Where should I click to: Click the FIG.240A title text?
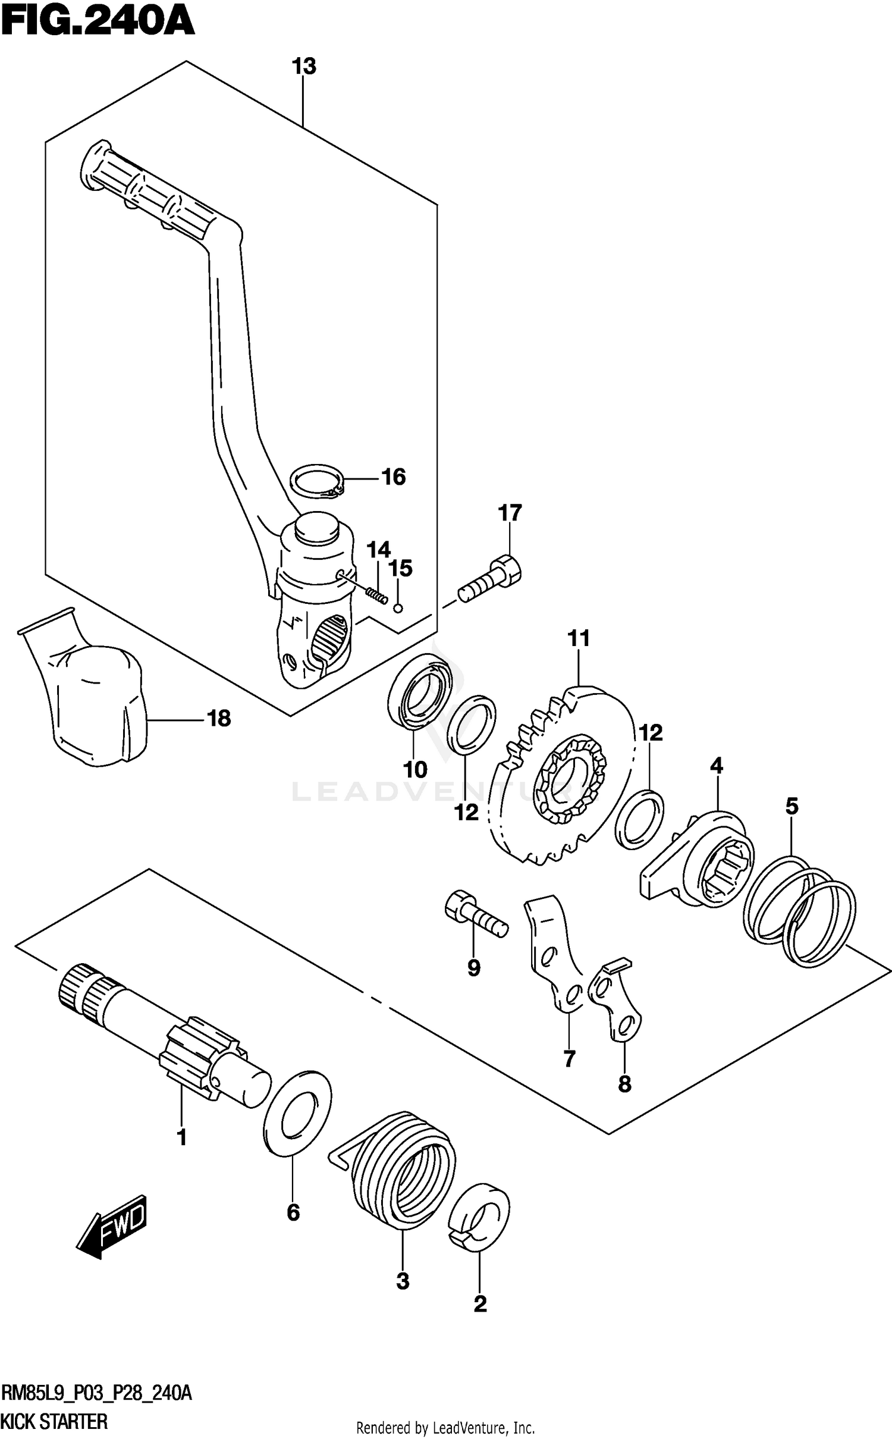98,24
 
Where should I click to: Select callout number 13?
303,67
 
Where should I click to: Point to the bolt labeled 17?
489,579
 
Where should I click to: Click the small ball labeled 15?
399,608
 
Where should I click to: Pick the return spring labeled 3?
404,1169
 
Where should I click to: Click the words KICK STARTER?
55,1422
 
